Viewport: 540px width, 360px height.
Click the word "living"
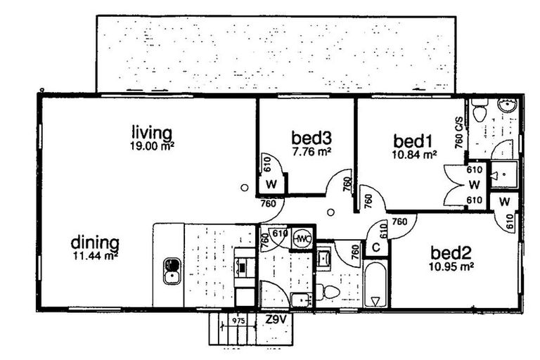(152, 132)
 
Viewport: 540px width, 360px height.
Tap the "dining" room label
(95, 243)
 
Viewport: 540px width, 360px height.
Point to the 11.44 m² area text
(95, 256)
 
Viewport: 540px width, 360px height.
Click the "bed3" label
(311, 137)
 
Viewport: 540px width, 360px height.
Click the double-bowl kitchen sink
(172, 271)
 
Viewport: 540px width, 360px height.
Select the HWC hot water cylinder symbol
(303, 240)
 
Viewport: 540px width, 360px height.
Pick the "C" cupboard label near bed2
(376, 247)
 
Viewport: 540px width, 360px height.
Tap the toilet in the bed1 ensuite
(480, 111)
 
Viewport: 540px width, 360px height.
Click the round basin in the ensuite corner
(508, 106)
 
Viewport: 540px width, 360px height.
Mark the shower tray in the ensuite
(503, 174)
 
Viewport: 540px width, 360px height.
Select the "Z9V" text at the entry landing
(276, 319)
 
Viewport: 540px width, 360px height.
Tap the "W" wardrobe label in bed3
(271, 185)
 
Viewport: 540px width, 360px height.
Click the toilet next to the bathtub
(329, 291)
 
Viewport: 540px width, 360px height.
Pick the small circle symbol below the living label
(244, 188)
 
